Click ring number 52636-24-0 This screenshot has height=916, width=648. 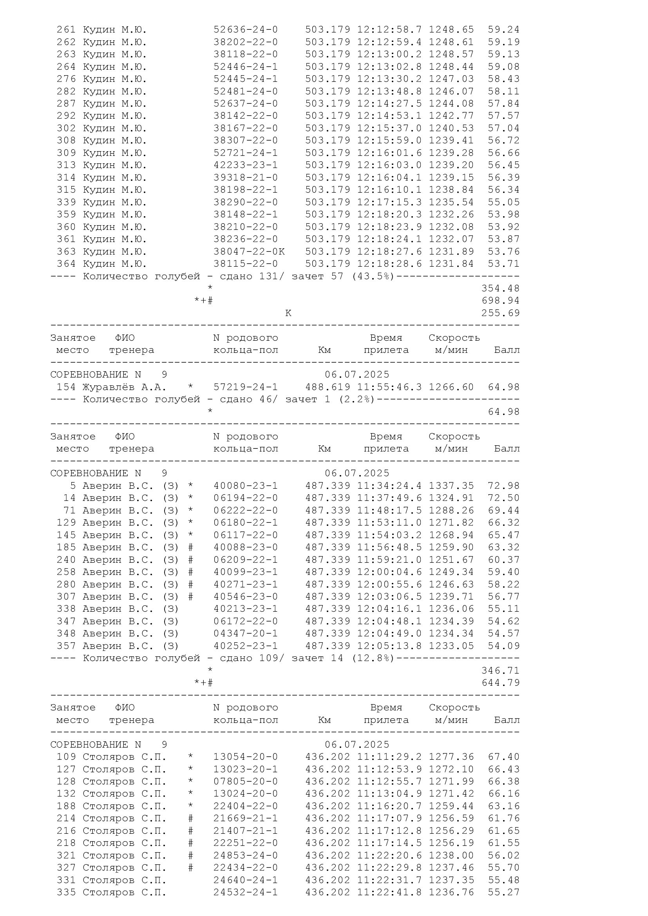(x=245, y=29)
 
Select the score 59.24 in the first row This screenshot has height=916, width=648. (x=503, y=29)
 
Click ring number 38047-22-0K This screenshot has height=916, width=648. (x=249, y=251)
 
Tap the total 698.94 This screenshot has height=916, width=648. (x=500, y=300)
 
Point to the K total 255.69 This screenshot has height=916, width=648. (x=500, y=313)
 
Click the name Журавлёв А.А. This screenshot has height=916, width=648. (x=124, y=387)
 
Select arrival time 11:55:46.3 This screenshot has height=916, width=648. (x=389, y=387)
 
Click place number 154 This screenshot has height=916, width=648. (x=66, y=387)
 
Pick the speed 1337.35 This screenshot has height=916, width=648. (x=451, y=486)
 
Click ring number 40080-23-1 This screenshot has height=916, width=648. (x=245, y=486)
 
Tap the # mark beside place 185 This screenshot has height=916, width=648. (x=191, y=547)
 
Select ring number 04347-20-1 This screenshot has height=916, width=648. (x=245, y=633)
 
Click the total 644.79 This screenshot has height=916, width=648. (x=500, y=683)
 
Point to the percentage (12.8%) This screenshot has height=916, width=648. (x=373, y=658)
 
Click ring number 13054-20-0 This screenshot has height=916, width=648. (x=245, y=757)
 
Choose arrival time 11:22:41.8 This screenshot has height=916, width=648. (x=389, y=892)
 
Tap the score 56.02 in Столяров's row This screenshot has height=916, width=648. (x=503, y=855)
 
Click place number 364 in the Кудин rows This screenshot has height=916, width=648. (x=66, y=264)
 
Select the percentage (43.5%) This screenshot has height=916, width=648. (x=373, y=276)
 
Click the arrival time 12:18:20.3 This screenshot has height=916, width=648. (x=389, y=214)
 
